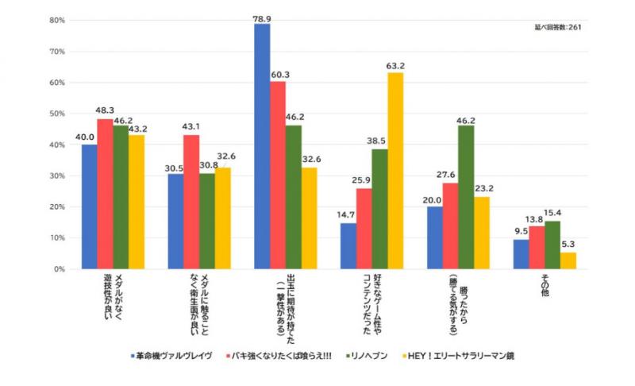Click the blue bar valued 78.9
[x=262, y=146]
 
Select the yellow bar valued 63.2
[x=394, y=171]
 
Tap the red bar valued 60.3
[x=278, y=175]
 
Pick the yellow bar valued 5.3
[x=568, y=261]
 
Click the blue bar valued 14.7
[x=348, y=246]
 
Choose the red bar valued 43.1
[x=191, y=202]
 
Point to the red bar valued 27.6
[x=450, y=226]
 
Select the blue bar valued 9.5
[x=521, y=254]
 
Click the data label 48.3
[x=106, y=113]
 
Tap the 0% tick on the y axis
[x=58, y=269]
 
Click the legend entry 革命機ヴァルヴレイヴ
[x=174, y=356]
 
